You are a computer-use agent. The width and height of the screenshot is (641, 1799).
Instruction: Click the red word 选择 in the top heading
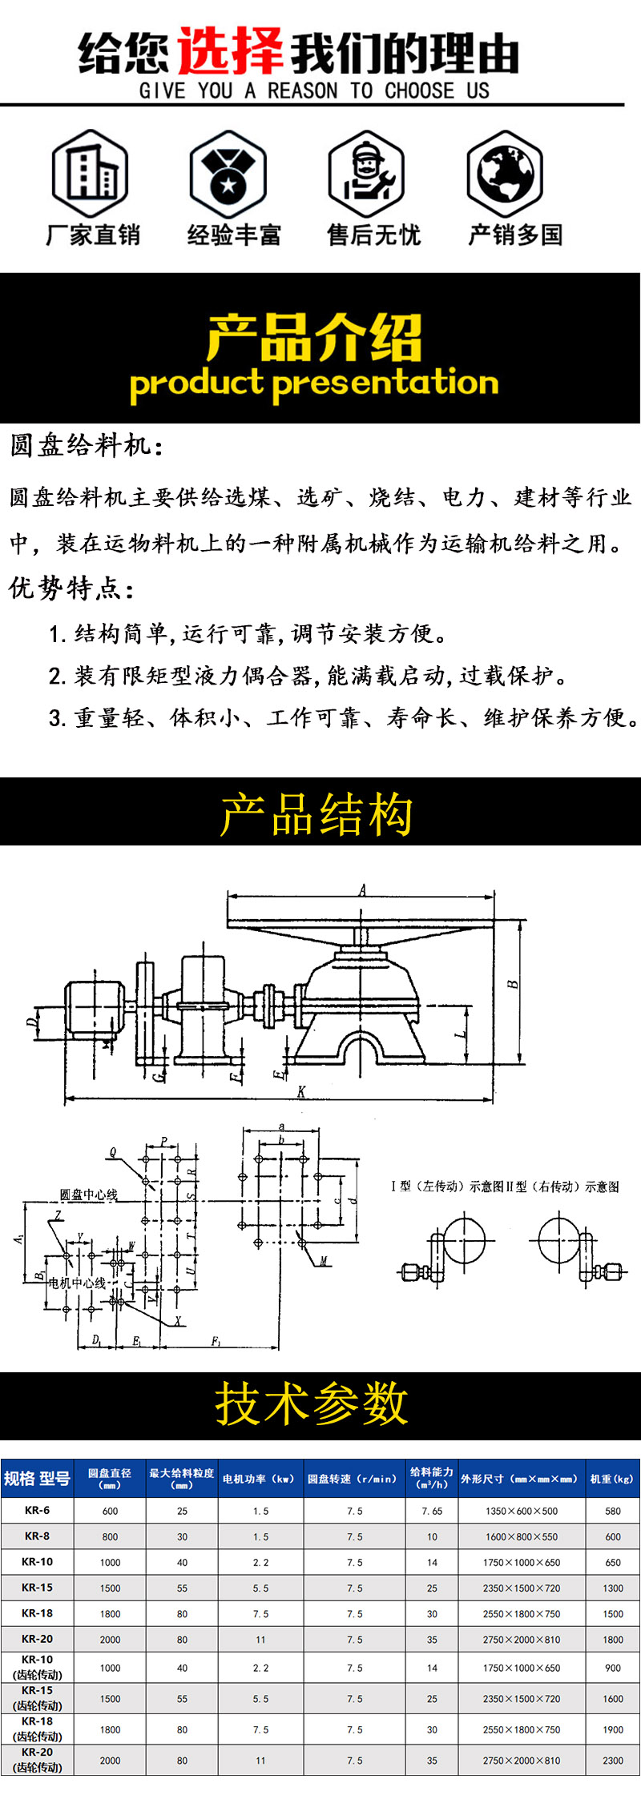tap(230, 53)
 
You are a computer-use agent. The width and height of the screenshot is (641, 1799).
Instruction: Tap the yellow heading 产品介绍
tap(314, 337)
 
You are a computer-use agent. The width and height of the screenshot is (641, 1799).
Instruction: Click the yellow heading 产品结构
tap(317, 814)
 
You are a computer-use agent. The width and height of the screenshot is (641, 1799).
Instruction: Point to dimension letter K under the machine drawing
tap(301, 1091)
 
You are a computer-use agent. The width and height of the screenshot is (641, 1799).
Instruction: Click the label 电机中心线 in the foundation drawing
tap(77, 1283)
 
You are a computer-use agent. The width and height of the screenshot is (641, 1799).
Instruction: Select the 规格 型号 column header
tap(37, 1478)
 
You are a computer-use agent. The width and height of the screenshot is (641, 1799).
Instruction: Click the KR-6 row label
tap(37, 1510)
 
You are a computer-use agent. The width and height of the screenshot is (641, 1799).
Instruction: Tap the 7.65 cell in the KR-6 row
tap(432, 1511)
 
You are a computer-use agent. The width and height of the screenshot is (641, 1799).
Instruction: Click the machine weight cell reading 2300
tap(613, 1761)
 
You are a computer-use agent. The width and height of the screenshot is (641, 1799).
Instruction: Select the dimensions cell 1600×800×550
tap(522, 1536)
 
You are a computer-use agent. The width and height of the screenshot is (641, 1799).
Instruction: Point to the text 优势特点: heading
tap(71, 588)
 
